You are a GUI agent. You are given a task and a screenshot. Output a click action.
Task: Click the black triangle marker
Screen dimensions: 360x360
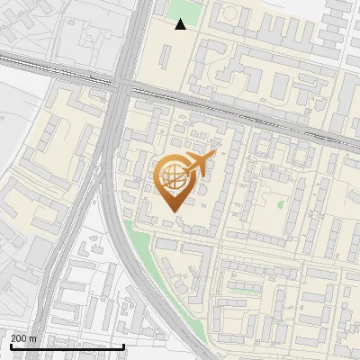click(181, 24)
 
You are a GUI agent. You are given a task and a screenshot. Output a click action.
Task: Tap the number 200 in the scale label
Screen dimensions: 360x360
click(19, 338)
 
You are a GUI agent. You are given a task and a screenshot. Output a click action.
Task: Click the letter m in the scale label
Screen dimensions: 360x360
click(33, 338)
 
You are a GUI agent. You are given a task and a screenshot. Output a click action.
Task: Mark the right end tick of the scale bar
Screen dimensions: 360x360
click(123, 346)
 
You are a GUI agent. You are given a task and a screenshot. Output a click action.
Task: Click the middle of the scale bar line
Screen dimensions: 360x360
click(67, 346)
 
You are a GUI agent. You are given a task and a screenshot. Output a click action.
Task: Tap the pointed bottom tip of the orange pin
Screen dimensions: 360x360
click(171, 212)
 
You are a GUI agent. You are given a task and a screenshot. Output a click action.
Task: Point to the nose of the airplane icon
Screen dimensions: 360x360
click(212, 155)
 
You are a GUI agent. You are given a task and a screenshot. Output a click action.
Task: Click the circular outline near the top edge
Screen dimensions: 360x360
click(228, 14)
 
